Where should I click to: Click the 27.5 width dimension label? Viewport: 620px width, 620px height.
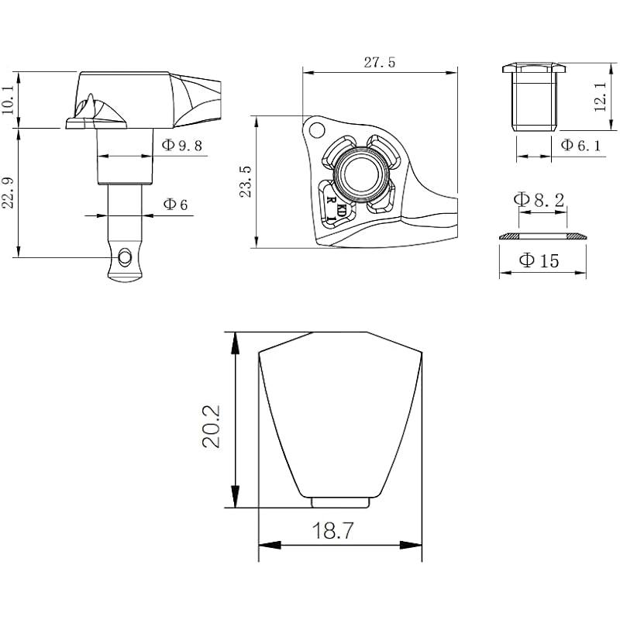[379, 63]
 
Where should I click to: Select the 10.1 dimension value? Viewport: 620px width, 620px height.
[8, 100]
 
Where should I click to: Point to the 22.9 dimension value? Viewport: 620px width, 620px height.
[8, 191]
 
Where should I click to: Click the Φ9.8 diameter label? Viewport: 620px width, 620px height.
[182, 145]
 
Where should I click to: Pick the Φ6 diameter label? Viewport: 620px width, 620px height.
[175, 204]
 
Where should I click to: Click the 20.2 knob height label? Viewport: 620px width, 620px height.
[212, 425]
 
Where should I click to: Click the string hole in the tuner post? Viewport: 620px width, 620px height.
[125, 255]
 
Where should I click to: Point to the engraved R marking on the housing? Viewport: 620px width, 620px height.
[332, 200]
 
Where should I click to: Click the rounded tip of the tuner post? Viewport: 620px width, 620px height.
[124, 276]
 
